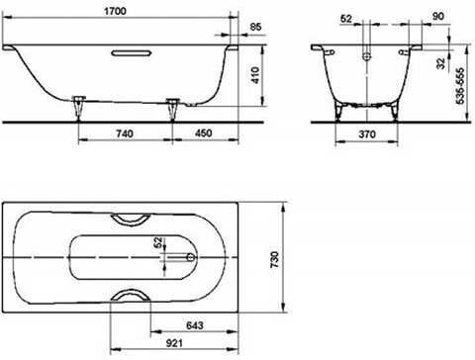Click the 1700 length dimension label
(x=115, y=11)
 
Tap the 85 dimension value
(x=255, y=27)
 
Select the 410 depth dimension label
(x=255, y=75)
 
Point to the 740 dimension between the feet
(x=125, y=134)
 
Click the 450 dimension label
(x=204, y=134)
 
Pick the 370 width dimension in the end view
(x=367, y=135)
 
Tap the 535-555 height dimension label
(x=460, y=86)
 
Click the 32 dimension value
(x=440, y=63)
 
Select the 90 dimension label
(x=437, y=16)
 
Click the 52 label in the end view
(x=346, y=19)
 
